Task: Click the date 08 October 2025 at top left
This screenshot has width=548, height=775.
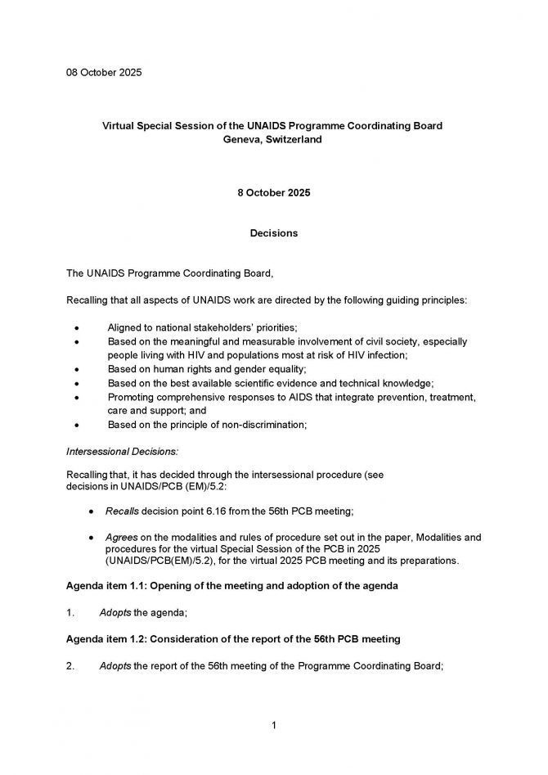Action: [x=104, y=73]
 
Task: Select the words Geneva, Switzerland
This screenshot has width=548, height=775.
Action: [x=273, y=140]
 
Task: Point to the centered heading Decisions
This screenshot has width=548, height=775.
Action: [x=273, y=233]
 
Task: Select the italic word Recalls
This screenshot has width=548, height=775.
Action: [x=123, y=511]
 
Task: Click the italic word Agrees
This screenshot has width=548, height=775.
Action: [x=122, y=537]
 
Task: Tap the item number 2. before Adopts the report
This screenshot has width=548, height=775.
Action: [x=70, y=666]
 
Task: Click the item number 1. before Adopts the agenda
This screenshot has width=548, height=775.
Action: [x=70, y=612]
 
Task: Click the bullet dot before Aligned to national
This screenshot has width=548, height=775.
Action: [x=77, y=327]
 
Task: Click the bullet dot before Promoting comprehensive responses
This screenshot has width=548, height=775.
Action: [x=77, y=397]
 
